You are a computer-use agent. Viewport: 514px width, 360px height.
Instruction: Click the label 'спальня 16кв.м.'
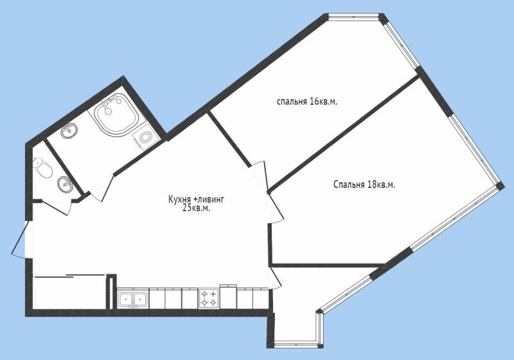tap(307, 102)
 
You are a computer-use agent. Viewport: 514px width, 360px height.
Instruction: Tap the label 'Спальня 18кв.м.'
tap(364, 184)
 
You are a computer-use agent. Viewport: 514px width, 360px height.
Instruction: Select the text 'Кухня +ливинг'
tap(196, 199)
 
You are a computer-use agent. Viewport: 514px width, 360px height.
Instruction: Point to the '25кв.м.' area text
tap(196, 208)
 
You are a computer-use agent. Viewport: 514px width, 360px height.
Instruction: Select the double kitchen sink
tap(133, 299)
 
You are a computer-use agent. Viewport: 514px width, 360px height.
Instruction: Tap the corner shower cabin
tap(116, 114)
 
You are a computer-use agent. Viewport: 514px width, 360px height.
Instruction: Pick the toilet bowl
tap(43, 168)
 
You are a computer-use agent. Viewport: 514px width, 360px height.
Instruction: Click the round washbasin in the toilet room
tap(65, 184)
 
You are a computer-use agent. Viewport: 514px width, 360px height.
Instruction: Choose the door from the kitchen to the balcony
tap(274, 278)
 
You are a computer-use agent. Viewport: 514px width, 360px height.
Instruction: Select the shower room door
tap(101, 187)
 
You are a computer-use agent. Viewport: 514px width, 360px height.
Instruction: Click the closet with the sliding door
tap(69, 291)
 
